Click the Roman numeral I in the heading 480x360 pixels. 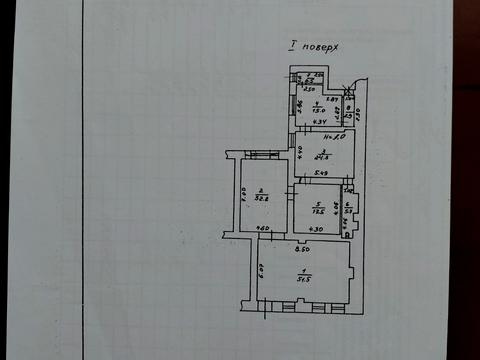coord(291,45)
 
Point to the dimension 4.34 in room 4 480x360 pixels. coord(319,123)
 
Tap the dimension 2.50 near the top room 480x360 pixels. coord(310,89)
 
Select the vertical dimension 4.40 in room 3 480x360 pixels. coord(299,152)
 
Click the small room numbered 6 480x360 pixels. coord(347,207)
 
